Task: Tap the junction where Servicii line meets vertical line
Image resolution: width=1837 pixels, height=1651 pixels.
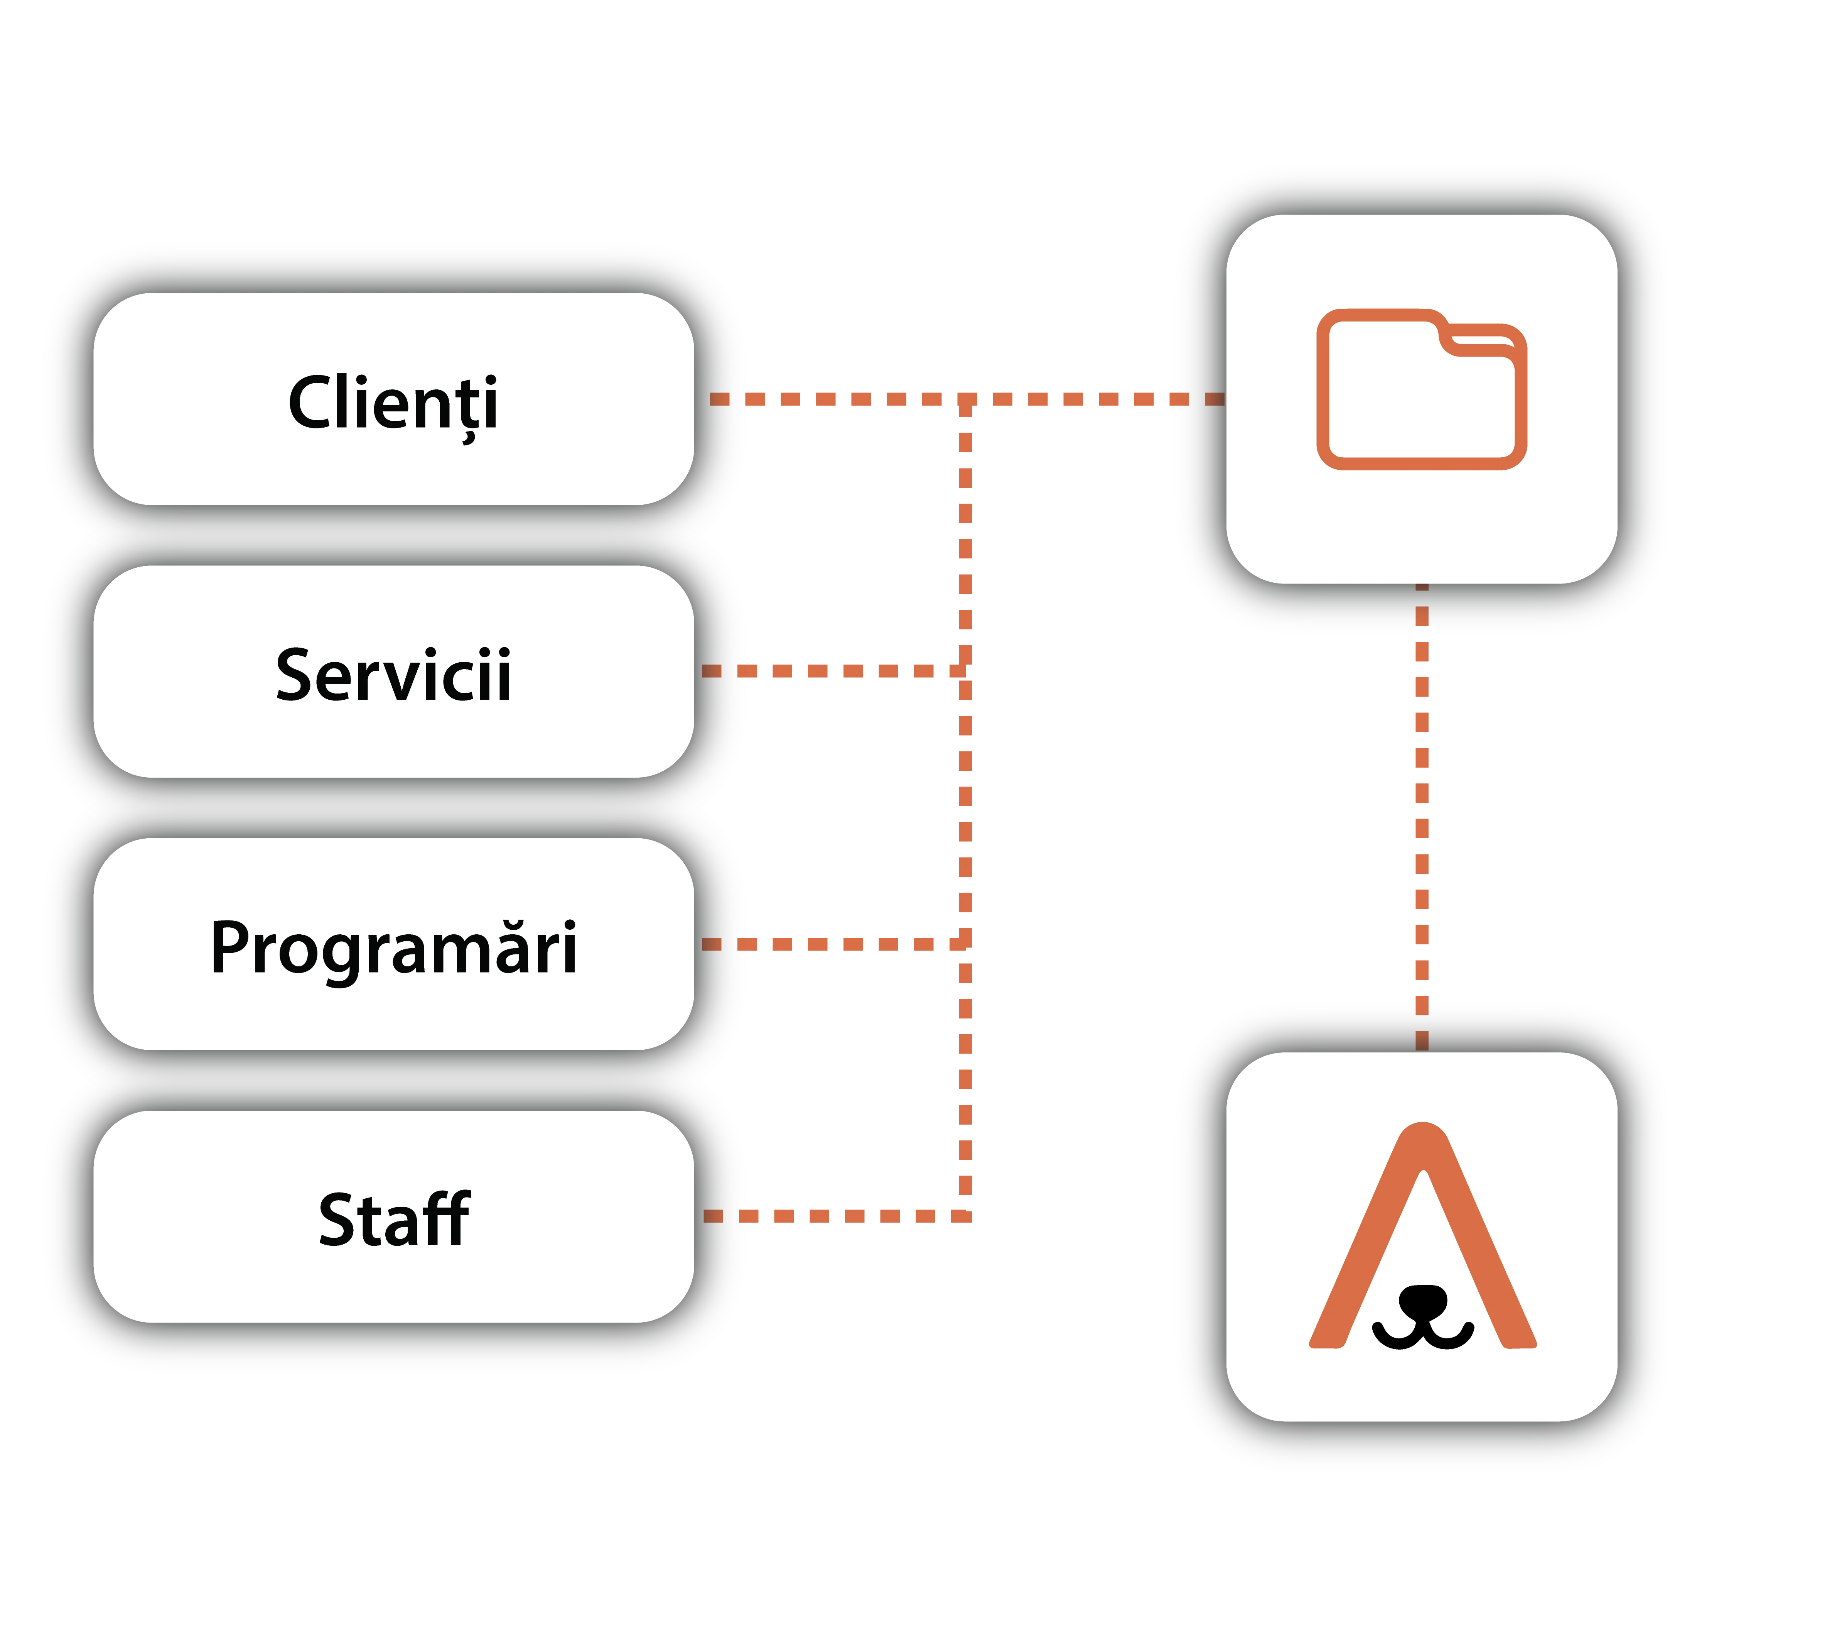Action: [x=966, y=671]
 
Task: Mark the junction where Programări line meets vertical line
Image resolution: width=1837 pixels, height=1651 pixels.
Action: [x=966, y=944]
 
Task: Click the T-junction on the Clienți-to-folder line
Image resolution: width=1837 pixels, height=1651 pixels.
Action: [x=966, y=399]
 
